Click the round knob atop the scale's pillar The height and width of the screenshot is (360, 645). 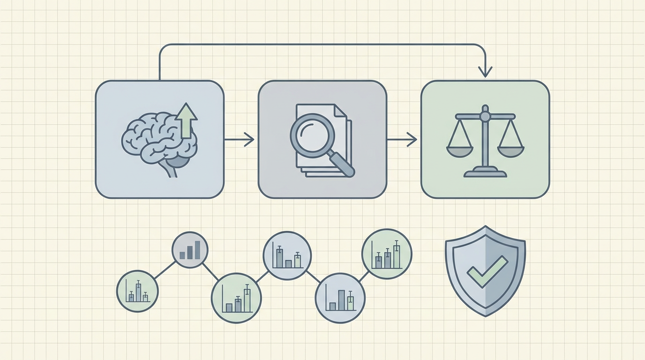point(485,115)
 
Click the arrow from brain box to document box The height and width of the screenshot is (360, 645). point(239,139)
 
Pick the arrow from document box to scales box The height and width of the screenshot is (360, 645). point(402,139)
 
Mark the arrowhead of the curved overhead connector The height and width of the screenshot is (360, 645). point(485,71)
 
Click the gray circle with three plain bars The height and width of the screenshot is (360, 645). point(189,250)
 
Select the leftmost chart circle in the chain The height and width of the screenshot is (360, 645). point(137,291)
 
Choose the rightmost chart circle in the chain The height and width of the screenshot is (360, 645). point(387,254)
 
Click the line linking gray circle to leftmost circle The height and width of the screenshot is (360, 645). point(164,270)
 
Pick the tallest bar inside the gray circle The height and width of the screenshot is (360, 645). point(198,250)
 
